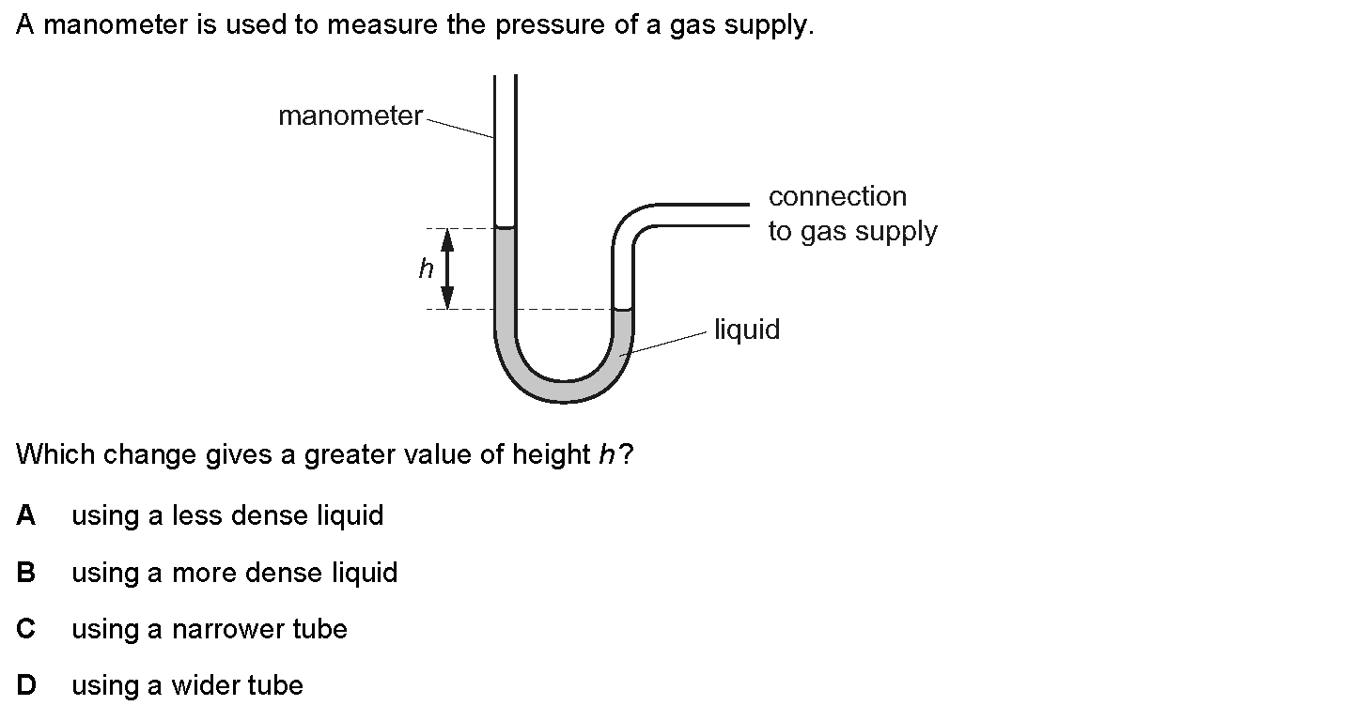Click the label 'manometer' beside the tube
pos(350,116)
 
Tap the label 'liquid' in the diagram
pos(747,330)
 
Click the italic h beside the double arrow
pos(426,270)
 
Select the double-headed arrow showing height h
pos(448,269)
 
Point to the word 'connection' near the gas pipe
pos(837,196)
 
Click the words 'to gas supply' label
pos(852,231)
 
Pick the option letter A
pos(26,515)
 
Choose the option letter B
pos(26,573)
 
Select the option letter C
pos(26,629)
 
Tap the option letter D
pos(26,686)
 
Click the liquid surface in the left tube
pos(506,228)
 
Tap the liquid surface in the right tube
pos(623,309)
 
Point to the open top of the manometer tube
pos(506,77)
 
